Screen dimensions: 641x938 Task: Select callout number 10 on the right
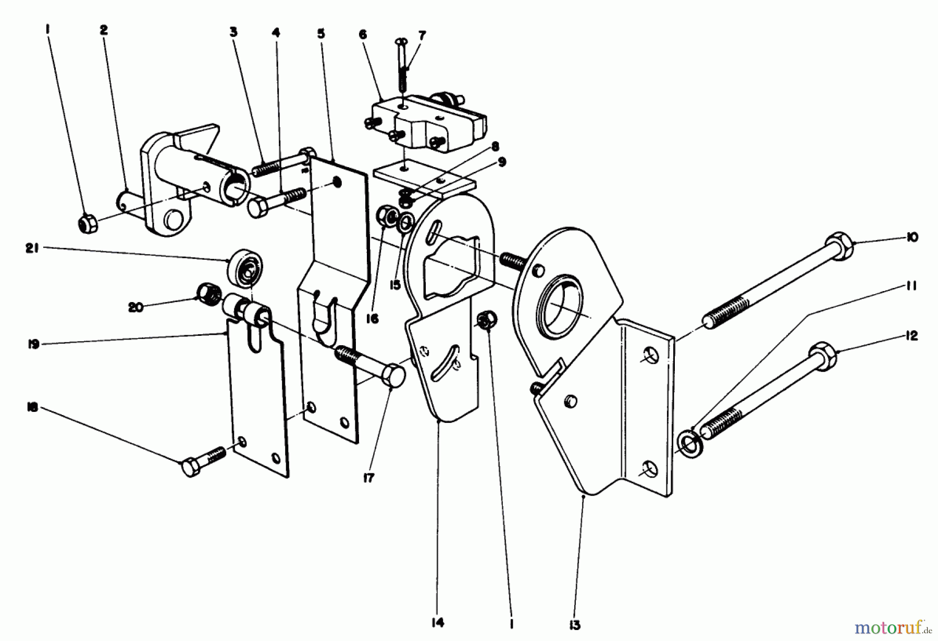pos(911,237)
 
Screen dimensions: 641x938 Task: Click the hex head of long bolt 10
pos(839,246)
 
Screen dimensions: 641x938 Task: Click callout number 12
pos(911,336)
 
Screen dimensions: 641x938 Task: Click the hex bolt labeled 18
pos(193,466)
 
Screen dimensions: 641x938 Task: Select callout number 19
pos(34,344)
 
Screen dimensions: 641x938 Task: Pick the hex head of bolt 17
pos(393,375)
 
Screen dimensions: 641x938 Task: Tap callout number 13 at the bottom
pos(575,624)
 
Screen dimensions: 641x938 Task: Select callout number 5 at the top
pos(321,34)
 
